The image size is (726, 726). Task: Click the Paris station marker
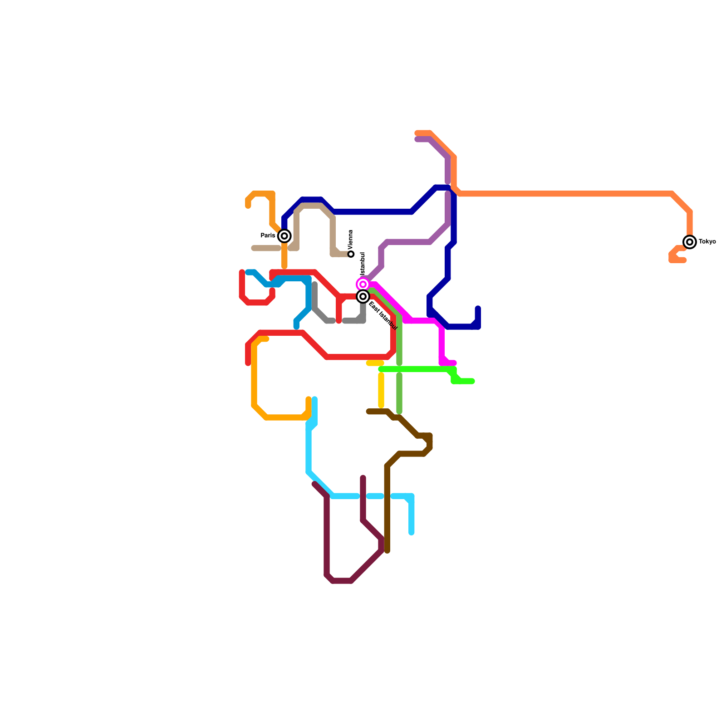pos(285,236)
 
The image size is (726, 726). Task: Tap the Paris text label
pos(268,236)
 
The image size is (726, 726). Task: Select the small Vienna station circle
pos(351,254)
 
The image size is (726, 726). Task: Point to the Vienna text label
pos(351,239)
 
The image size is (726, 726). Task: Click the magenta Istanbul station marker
pos(363,285)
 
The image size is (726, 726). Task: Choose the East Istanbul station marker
pos(363,297)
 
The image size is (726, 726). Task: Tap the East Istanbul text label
pos(383,315)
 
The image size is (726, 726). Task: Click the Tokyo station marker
pos(690,242)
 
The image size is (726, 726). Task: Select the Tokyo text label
pos(707,242)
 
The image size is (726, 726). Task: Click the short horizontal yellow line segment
pos(375,363)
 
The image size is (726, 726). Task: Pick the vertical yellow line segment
pos(381,390)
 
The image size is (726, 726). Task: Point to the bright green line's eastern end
pos(472,381)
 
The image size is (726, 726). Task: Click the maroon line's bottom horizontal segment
pos(342,581)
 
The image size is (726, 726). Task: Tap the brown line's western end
pos(369,412)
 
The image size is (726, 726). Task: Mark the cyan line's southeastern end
pos(411,532)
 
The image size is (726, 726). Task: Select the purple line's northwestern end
pos(417,139)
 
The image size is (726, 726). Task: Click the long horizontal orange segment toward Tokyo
pos(567,194)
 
